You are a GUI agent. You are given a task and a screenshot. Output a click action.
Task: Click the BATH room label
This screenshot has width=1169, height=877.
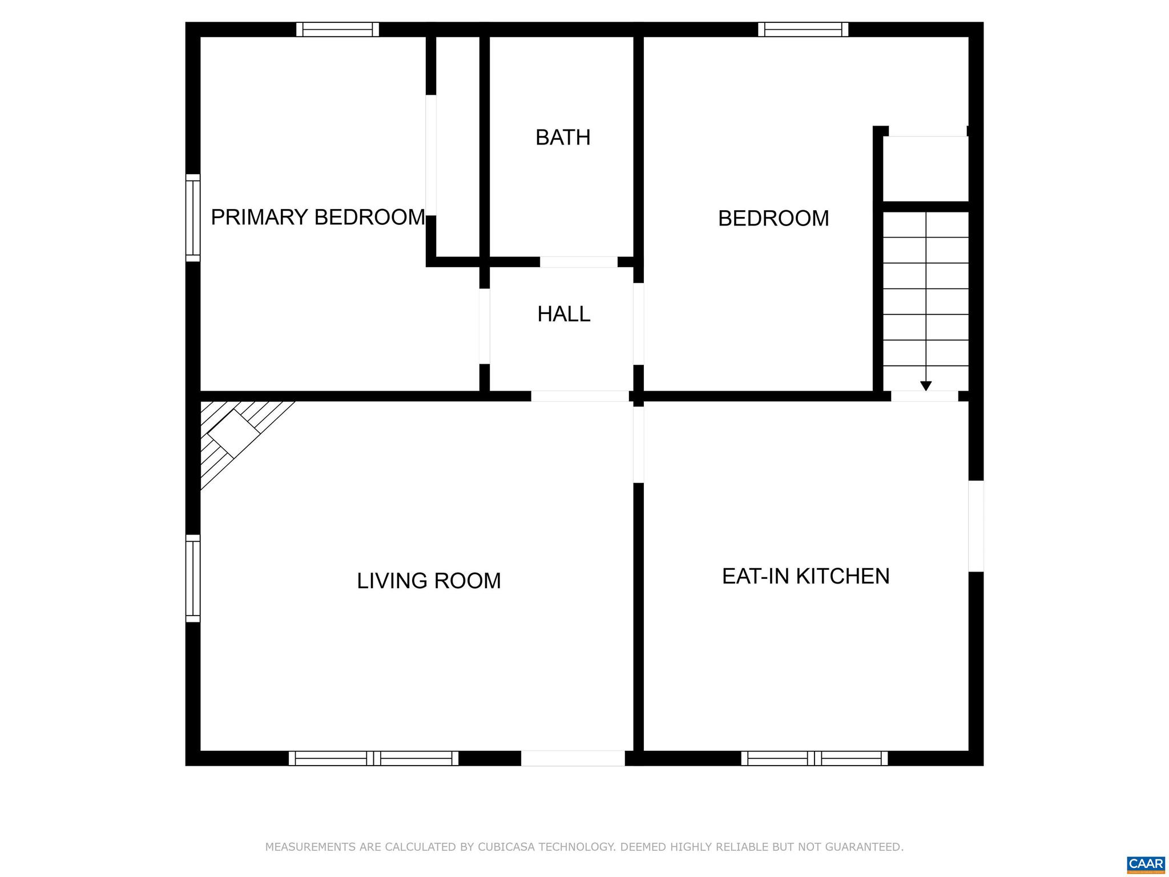(x=563, y=138)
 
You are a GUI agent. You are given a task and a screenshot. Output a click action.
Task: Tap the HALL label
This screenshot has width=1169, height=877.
(x=563, y=314)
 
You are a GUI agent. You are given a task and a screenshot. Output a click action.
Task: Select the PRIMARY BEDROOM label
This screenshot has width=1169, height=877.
(x=318, y=218)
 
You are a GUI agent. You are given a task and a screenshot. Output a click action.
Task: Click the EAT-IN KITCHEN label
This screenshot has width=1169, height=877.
(x=805, y=576)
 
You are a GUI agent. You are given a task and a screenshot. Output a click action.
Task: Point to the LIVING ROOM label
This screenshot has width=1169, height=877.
(x=429, y=581)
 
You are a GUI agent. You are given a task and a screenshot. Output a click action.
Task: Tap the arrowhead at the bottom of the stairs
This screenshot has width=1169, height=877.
(x=926, y=386)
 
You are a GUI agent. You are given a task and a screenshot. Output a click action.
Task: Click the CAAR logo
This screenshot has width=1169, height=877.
(x=1146, y=863)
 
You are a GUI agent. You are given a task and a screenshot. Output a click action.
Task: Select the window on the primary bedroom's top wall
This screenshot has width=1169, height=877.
(x=337, y=29)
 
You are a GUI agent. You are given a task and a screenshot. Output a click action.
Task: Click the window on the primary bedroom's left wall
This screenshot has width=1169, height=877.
(x=193, y=218)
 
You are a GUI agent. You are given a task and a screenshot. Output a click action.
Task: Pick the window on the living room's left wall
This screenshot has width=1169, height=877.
(x=193, y=578)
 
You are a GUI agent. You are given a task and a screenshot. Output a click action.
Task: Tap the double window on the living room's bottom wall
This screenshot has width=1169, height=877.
(x=373, y=758)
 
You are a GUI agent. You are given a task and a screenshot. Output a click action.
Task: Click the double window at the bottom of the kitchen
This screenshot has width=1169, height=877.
(x=814, y=758)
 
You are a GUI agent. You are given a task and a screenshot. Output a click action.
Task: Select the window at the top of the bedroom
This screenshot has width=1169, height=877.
(x=803, y=29)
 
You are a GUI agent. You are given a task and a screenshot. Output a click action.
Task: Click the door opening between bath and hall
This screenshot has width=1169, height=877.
(x=578, y=262)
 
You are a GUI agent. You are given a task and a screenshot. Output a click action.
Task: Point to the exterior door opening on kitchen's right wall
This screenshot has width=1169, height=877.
(x=976, y=526)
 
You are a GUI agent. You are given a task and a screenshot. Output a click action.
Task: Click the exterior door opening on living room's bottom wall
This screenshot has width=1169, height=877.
(x=573, y=758)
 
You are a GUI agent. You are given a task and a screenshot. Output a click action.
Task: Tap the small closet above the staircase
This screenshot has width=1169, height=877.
(x=925, y=168)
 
